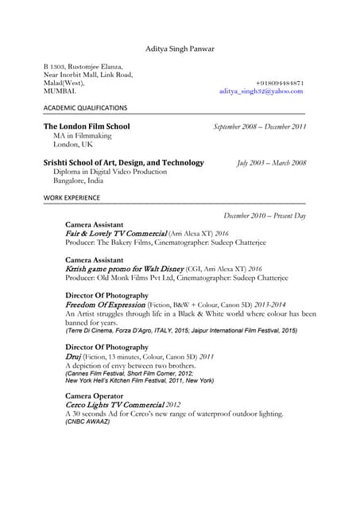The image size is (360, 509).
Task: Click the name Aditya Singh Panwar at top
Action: [x=180, y=49]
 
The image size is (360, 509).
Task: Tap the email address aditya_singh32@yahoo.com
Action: [x=261, y=91]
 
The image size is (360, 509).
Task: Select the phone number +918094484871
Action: [x=280, y=83]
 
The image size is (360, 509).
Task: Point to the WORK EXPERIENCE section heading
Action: [x=72, y=197]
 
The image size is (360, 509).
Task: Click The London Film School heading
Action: [x=87, y=126]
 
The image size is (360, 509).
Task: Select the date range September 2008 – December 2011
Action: [x=260, y=127]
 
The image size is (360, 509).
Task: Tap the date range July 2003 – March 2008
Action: [x=271, y=163]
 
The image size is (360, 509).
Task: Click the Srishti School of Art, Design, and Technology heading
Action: [x=123, y=162]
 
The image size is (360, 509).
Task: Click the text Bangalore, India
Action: [x=78, y=181]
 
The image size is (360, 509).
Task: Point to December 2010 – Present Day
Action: [x=265, y=216]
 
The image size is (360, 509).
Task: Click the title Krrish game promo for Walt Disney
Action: [x=125, y=270]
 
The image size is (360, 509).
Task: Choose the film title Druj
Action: [x=75, y=356]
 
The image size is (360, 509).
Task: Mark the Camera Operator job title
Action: [x=95, y=395]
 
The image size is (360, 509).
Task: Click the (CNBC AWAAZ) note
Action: [x=87, y=422]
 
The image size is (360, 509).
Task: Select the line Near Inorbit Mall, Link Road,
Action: [x=88, y=75]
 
